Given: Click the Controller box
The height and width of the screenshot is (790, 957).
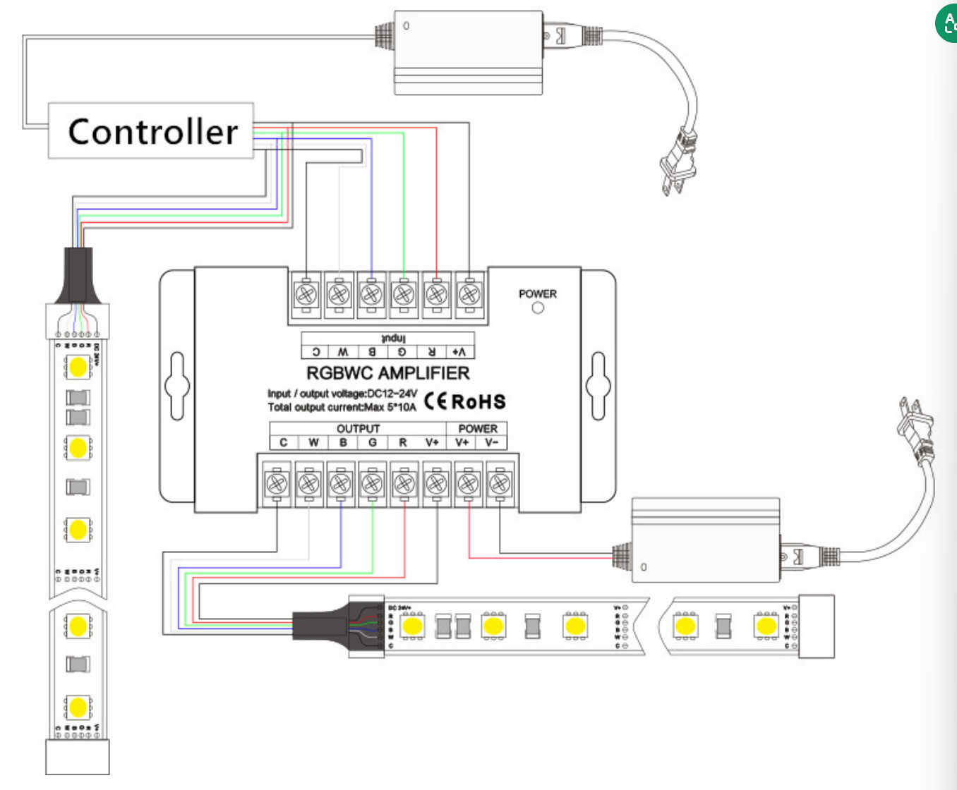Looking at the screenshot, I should click(x=150, y=131).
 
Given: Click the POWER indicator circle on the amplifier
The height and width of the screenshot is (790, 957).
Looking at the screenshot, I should click(x=538, y=308).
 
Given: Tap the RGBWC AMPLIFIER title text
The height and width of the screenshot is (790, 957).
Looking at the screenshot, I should click(x=387, y=373).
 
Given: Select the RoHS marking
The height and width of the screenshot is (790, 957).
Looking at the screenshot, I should click(x=479, y=402).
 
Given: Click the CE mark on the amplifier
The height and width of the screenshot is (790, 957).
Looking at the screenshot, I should click(x=435, y=401).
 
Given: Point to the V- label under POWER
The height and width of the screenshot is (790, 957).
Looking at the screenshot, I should click(x=491, y=442).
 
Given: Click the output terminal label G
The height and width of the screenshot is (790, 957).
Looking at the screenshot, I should click(x=373, y=442).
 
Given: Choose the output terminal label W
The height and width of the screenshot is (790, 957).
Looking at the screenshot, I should click(x=313, y=442).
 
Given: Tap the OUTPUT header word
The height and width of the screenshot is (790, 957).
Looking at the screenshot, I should click(x=358, y=428).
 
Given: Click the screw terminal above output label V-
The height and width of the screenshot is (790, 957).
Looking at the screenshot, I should click(x=500, y=483).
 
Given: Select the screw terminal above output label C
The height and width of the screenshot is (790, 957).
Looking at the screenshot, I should click(x=277, y=483).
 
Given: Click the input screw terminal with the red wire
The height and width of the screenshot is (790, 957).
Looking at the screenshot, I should click(x=436, y=293).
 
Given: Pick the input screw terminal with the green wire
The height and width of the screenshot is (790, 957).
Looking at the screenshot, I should click(x=404, y=293).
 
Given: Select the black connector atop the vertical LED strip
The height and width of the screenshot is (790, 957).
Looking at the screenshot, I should click(x=78, y=275).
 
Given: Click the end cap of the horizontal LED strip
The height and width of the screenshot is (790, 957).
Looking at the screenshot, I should click(x=817, y=626).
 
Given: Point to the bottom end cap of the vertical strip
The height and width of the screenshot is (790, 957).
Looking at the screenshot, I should click(x=78, y=757).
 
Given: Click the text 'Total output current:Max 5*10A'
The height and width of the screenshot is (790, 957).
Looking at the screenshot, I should click(x=342, y=407).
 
